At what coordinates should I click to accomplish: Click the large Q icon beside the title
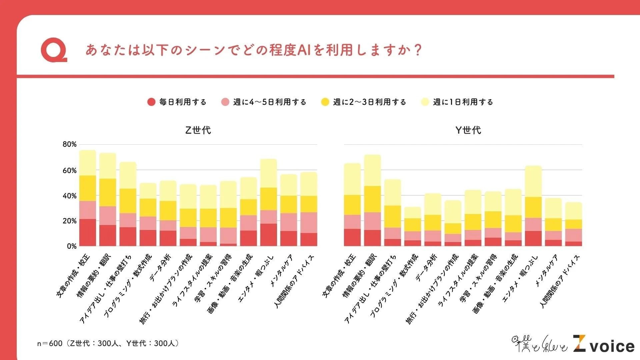(54, 51)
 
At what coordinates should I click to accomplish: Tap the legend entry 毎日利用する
(177, 102)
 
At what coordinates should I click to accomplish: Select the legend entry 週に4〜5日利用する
(264, 102)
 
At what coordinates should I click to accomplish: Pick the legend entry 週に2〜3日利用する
(364, 102)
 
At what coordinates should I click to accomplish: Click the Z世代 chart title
(198, 130)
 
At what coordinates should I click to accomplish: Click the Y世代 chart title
(468, 130)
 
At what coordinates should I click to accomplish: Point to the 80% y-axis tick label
(69, 144)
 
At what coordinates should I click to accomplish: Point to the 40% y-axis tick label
(69, 196)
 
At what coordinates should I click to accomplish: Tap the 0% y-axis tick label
(71, 246)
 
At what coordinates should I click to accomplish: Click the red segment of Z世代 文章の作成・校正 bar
(88, 233)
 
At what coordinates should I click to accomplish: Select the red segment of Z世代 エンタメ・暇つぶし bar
(268, 235)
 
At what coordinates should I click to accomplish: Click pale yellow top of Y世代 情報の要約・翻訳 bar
(372, 170)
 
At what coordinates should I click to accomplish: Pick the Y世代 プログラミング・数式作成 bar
(413, 227)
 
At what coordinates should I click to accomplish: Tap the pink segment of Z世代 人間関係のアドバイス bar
(309, 223)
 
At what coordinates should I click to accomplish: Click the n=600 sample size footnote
(108, 343)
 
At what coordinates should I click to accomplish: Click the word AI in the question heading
(304, 50)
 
